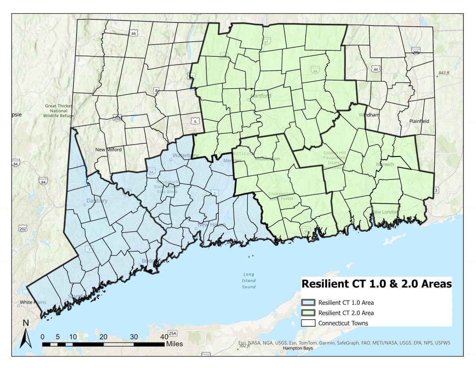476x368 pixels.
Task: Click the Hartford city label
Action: pyautogui.click(x=261, y=96)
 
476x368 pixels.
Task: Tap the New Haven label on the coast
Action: pyautogui.click(x=212, y=225)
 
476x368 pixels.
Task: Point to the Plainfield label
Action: pyautogui.click(x=419, y=121)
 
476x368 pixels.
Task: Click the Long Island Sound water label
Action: pyautogui.click(x=249, y=281)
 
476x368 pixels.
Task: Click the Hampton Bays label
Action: pyautogui.click(x=297, y=348)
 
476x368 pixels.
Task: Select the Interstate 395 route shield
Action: pyautogui.click(x=416, y=52)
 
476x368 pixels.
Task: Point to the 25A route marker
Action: pyautogui.click(x=172, y=333)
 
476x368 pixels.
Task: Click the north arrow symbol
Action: pyautogui.click(x=26, y=334)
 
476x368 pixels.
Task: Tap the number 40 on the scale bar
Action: pyautogui.click(x=164, y=337)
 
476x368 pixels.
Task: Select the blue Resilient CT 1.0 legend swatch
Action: pyautogui.click(x=308, y=302)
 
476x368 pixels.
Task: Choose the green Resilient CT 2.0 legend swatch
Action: pyautogui.click(x=308, y=313)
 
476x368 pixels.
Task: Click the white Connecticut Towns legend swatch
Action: pyautogui.click(x=308, y=323)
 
